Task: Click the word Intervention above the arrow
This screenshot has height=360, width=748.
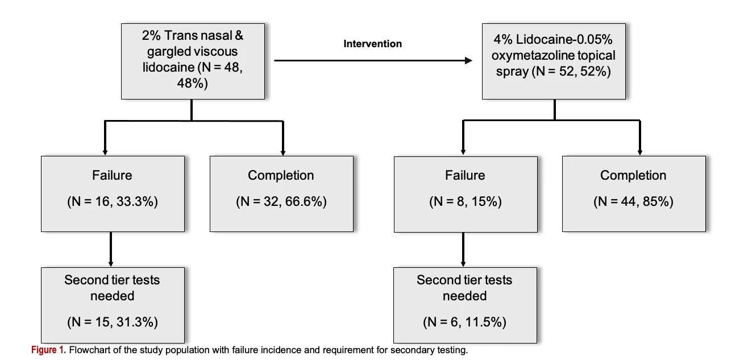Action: pos(373,44)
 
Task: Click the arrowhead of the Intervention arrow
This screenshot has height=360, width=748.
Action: pos(469,60)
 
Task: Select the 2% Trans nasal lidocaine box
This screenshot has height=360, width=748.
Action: pos(193,61)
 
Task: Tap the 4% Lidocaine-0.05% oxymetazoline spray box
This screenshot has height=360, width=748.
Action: pos(554,61)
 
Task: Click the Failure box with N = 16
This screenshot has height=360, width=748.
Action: pos(113,194)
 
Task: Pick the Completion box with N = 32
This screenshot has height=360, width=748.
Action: pos(281,194)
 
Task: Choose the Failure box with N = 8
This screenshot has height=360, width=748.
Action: pos(466,194)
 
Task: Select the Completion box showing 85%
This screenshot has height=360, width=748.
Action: pos(634,194)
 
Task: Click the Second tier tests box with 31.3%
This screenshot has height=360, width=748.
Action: pos(113,305)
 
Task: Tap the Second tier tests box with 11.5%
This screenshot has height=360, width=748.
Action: pos(465,305)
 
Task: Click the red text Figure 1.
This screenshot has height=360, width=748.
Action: pos(48,350)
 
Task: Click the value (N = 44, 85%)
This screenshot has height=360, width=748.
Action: pos(633,201)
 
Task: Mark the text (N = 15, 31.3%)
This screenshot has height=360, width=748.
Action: pos(113,322)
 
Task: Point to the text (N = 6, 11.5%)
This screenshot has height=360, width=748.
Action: pos(464,322)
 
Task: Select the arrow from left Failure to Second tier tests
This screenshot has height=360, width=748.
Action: pos(110,249)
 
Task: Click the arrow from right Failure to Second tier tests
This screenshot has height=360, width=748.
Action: pos(463,250)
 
